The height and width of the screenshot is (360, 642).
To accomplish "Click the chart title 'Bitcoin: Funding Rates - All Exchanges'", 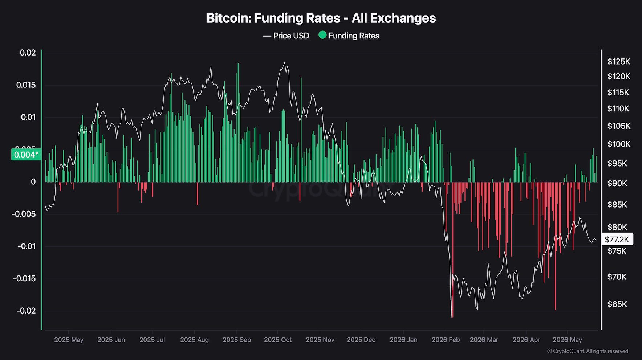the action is [321, 18].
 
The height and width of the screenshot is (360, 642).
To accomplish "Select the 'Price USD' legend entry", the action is [286, 36].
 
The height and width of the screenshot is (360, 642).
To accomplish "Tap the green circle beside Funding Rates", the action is [322, 35].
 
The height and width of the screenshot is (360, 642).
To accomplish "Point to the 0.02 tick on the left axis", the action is [28, 53].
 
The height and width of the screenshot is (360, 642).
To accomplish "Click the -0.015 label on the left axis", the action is [24, 278].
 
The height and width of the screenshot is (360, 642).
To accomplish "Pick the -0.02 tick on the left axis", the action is [26, 311].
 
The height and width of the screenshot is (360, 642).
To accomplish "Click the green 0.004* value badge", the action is [26, 155].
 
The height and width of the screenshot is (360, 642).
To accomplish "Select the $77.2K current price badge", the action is [617, 240].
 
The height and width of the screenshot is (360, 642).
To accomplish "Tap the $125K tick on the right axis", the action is [619, 62].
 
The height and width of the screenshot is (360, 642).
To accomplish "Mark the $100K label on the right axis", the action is [619, 144].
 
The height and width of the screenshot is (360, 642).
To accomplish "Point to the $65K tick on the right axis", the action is [617, 304].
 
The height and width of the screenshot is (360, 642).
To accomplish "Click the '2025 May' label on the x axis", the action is [69, 340].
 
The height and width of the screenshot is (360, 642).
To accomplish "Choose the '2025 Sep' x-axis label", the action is [237, 340].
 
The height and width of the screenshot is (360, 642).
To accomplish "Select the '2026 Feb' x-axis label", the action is [446, 340].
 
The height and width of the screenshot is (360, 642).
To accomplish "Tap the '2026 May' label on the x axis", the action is [567, 340].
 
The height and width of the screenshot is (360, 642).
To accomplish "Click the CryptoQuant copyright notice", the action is [588, 351].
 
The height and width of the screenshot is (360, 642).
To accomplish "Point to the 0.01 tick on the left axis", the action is [28, 117].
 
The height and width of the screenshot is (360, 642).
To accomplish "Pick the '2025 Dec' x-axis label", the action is [361, 340].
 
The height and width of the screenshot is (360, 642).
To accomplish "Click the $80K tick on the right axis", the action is [617, 227].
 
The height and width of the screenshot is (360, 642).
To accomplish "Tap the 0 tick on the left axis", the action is [33, 182].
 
